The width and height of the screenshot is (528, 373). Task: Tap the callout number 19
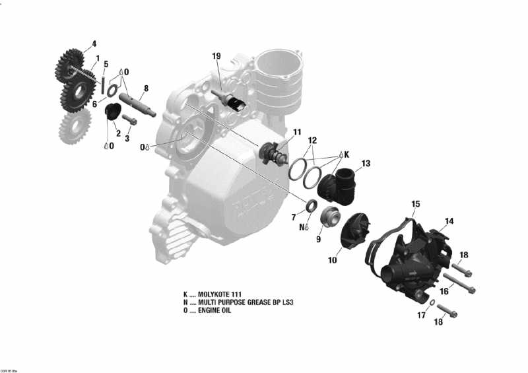tap(216, 55)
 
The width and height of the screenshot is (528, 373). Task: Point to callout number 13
tap(366, 163)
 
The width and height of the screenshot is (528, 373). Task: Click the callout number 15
tap(416, 203)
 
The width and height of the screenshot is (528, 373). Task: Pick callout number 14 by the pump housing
tap(449, 221)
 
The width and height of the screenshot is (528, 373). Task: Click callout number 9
tap(318, 239)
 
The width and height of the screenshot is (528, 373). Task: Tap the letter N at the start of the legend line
tap(185, 302)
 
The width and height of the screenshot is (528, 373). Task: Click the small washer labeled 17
tap(431, 303)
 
